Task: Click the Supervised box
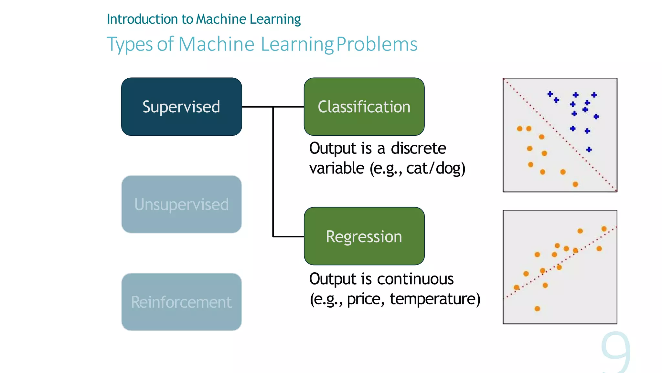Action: (181, 107)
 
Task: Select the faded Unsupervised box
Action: (181, 204)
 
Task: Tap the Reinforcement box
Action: (181, 302)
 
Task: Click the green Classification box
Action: (364, 107)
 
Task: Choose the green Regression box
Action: (364, 236)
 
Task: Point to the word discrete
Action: (418, 148)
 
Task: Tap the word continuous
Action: (415, 279)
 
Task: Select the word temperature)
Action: (435, 299)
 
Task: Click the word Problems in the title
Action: (377, 44)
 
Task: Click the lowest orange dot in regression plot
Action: (537, 309)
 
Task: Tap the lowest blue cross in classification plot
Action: (589, 149)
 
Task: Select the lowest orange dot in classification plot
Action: (575, 184)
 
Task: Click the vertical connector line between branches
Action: (273, 172)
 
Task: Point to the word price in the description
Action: (365, 299)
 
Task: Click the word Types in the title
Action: (130, 45)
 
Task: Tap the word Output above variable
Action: (333, 148)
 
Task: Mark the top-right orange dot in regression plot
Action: (604, 229)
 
